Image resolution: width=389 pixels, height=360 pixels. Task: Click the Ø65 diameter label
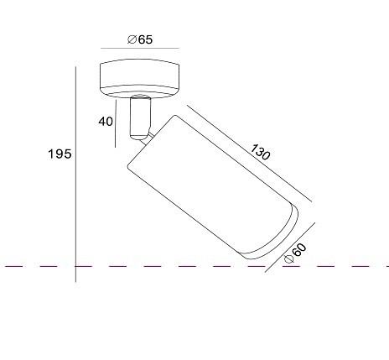(140, 39)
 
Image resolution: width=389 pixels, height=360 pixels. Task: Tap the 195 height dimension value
(60, 154)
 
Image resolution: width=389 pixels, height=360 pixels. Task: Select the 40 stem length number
(106, 122)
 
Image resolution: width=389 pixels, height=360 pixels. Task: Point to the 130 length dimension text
(261, 152)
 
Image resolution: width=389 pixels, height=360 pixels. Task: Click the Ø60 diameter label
(295, 253)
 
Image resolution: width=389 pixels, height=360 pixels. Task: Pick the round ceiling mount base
(139, 79)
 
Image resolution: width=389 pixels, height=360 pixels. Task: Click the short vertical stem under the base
(140, 117)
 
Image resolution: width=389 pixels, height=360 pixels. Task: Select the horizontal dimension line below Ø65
(140, 48)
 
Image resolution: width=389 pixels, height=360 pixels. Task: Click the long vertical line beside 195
(75, 175)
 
